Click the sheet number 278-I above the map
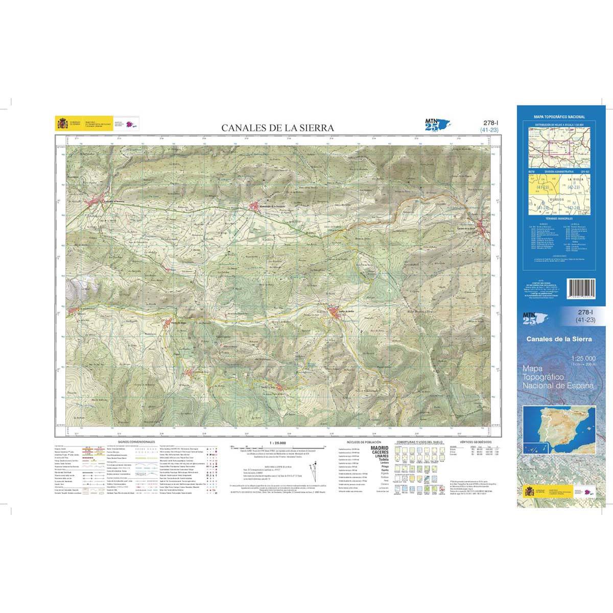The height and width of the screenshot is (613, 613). pos(489,123)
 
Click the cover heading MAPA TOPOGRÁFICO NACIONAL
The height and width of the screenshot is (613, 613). pos(559,117)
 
